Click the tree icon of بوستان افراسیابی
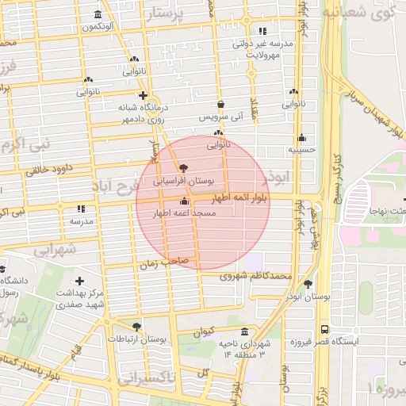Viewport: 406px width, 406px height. pos(184,167)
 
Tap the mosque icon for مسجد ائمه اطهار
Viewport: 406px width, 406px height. pos(186,201)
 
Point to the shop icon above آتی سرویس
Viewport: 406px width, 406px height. pos(220,103)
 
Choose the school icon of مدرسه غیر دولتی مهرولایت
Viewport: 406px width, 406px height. pos(262,31)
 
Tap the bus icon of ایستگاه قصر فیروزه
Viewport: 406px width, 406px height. pos(324,328)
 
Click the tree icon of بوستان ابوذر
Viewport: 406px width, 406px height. pos(308,283)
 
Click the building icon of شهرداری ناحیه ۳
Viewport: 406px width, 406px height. pos(243,330)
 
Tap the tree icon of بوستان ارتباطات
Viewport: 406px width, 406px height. pos(137,327)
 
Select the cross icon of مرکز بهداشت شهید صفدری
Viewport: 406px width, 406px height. pos(79,281)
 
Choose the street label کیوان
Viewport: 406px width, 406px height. pos(205,333)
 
